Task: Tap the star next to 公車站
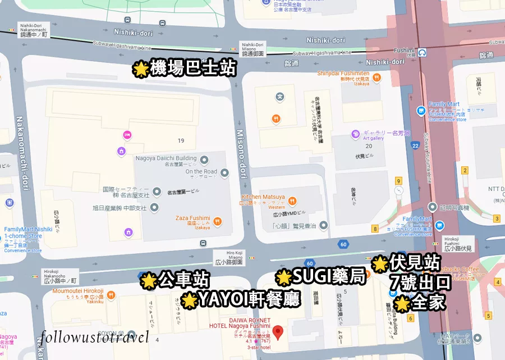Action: (148, 280)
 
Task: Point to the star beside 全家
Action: (402, 304)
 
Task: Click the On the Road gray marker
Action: (224, 172)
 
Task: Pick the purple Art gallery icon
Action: (355, 134)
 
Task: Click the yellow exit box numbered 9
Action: (398, 181)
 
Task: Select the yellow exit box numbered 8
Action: (375, 229)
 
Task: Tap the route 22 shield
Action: (415, 145)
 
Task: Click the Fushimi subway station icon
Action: (421, 52)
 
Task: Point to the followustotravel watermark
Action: (94, 337)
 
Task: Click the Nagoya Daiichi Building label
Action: (166, 158)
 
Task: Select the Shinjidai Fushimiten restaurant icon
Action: (379, 78)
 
